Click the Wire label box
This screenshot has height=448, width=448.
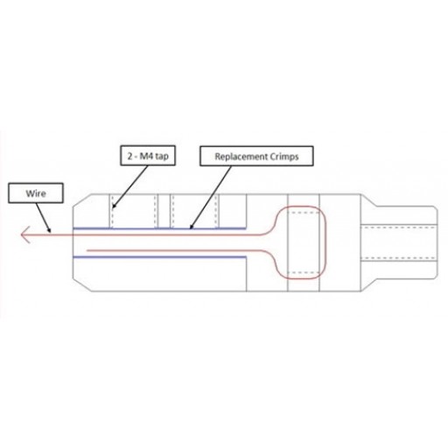tap(36, 193)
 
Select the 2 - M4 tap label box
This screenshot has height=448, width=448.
tap(148, 156)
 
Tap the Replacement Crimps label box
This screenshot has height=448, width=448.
tap(256, 157)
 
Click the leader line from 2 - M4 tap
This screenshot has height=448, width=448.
tap(130, 187)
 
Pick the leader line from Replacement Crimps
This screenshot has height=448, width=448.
tap(210, 198)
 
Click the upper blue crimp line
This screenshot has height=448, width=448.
tap(159, 228)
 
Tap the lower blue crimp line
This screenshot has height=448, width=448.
tap(159, 257)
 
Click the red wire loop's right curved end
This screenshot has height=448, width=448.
tap(325, 242)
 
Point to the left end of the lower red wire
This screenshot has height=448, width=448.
tap(87, 250)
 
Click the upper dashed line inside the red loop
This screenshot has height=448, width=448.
tap(304, 213)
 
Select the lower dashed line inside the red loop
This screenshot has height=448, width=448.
tap(304, 273)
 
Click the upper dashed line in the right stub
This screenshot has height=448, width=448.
tap(399, 227)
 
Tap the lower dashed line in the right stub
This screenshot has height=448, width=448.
tap(399, 258)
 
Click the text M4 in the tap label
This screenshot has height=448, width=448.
tap(146, 156)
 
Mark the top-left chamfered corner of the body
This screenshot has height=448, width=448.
tap(81, 201)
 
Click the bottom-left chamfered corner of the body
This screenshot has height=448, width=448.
tap(81, 284)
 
